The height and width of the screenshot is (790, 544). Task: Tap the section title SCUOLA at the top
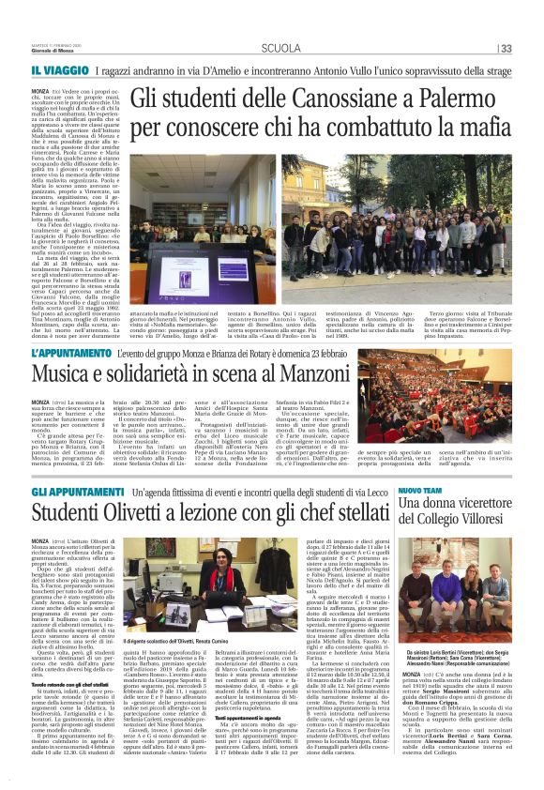280,49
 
